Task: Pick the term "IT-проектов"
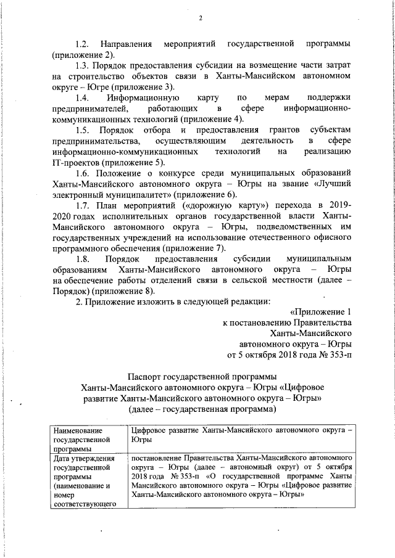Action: click(75, 162)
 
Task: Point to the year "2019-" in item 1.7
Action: click(337, 205)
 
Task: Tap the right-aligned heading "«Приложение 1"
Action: click(320, 312)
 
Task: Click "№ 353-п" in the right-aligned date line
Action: click(334, 355)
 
